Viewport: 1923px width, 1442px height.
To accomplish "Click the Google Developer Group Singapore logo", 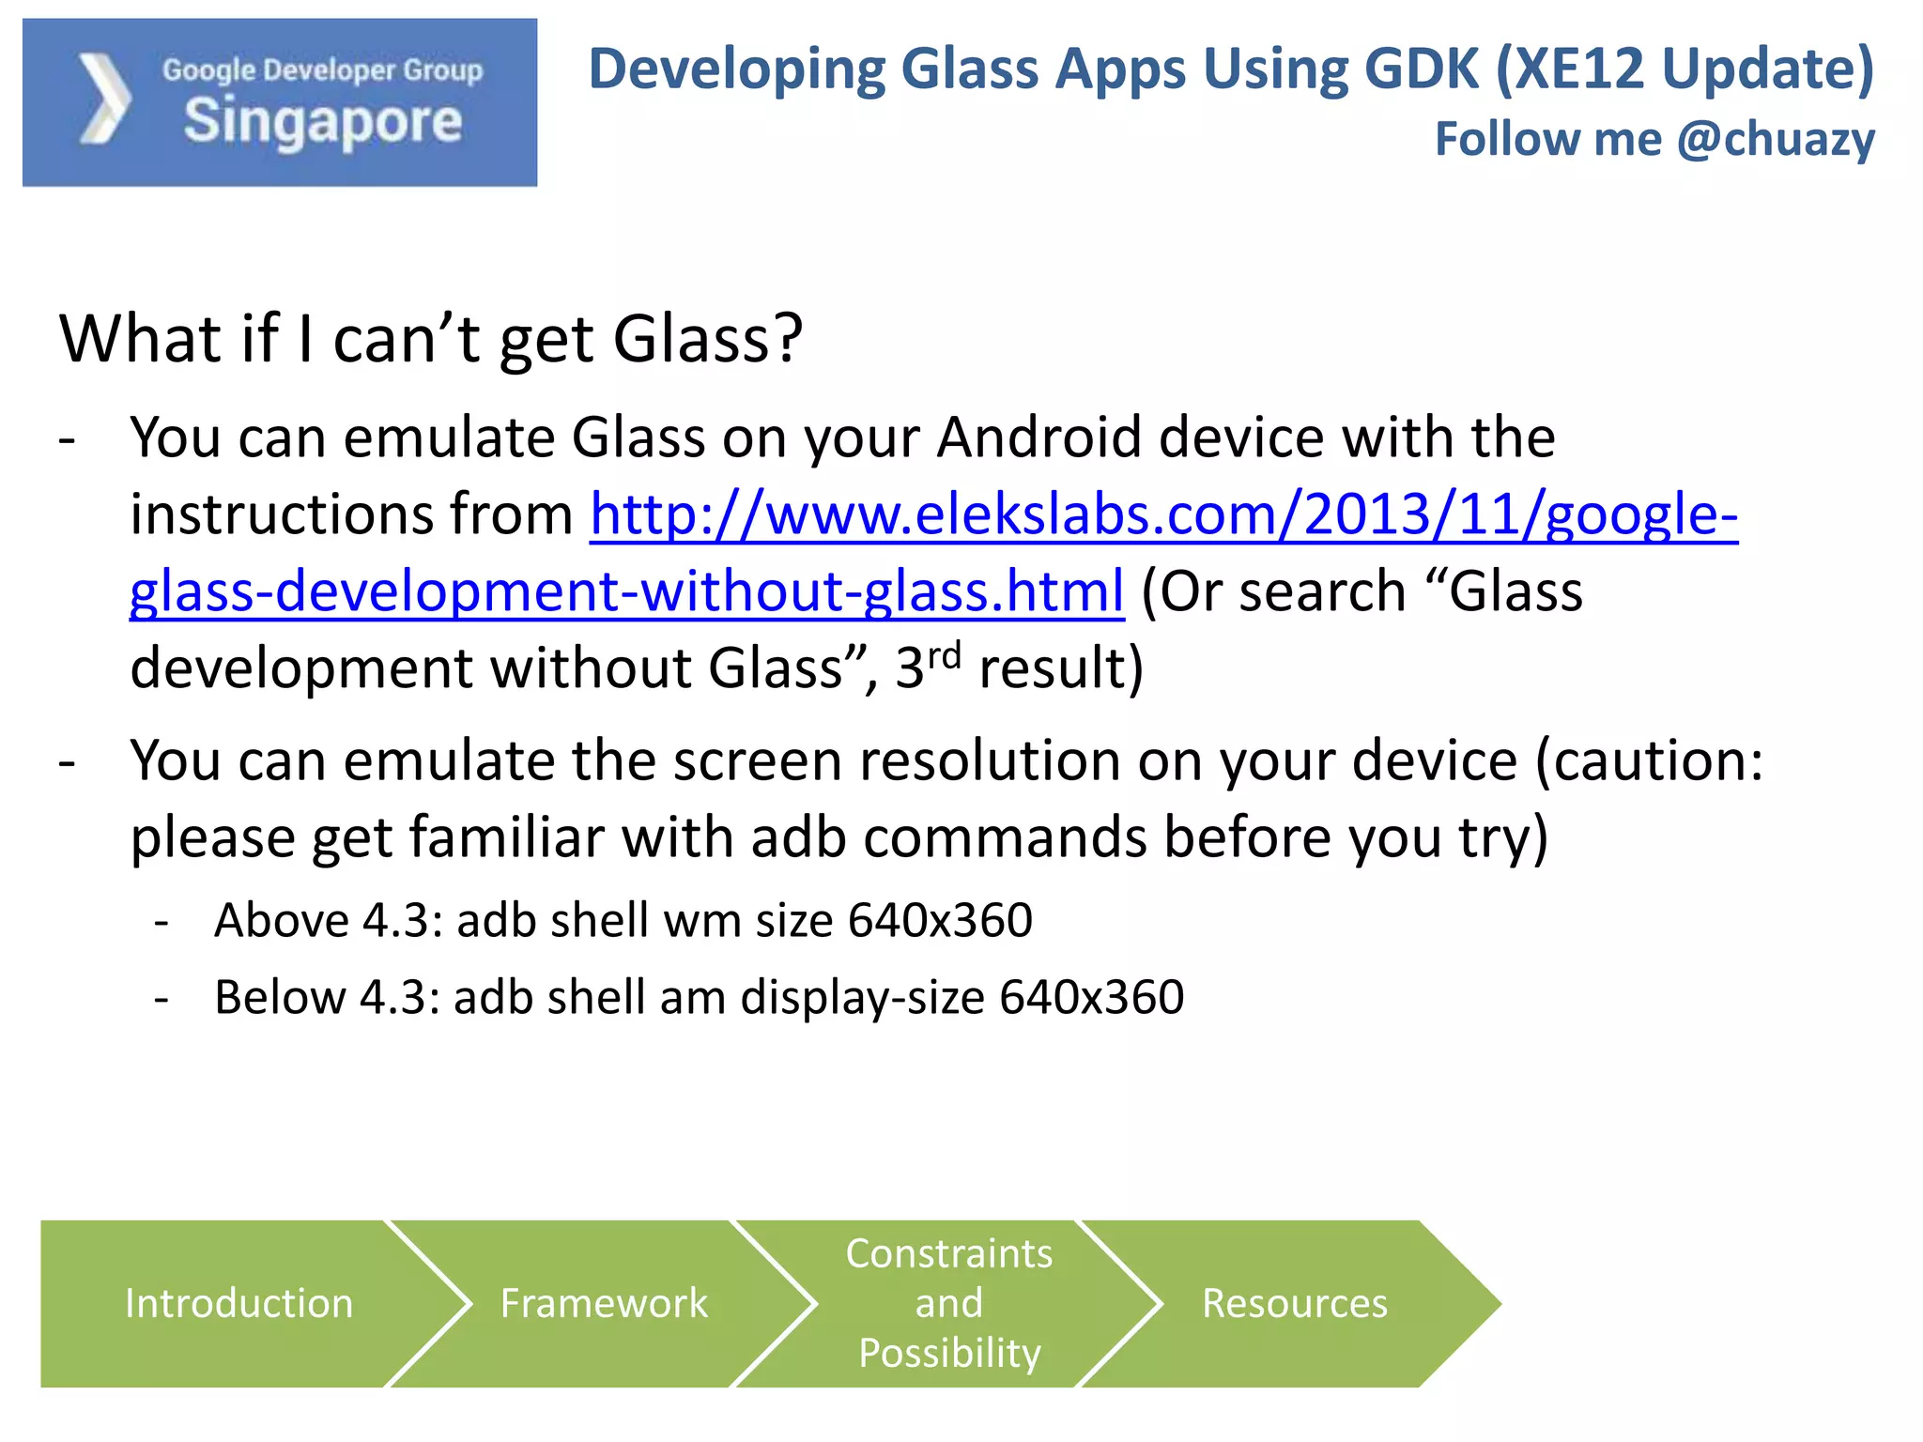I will click(x=280, y=102).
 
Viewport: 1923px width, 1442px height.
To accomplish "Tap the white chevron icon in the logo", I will click(x=103, y=100).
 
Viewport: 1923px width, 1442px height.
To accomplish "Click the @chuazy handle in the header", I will click(x=1775, y=139).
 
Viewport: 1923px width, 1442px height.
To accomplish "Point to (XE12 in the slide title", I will click(x=1569, y=69).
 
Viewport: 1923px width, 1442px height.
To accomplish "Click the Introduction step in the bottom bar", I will click(x=238, y=1303).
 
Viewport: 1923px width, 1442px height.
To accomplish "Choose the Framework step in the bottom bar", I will click(x=604, y=1303).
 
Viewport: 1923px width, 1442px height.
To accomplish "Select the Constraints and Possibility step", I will click(x=949, y=1303).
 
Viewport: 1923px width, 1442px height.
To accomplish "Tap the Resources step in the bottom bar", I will click(x=1295, y=1303).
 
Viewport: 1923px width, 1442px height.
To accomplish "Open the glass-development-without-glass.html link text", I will click(x=626, y=591).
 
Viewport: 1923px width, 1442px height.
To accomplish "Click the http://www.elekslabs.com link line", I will click(x=1163, y=514).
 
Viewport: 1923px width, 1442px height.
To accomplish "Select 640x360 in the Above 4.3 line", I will click(x=940, y=920).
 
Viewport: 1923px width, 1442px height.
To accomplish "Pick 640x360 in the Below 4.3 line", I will click(x=1091, y=997).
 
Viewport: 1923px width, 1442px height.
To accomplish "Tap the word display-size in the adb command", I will click(x=862, y=997).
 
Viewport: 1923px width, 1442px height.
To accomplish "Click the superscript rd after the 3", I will click(x=945, y=654).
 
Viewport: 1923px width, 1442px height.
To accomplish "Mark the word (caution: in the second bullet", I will click(x=1650, y=760).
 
